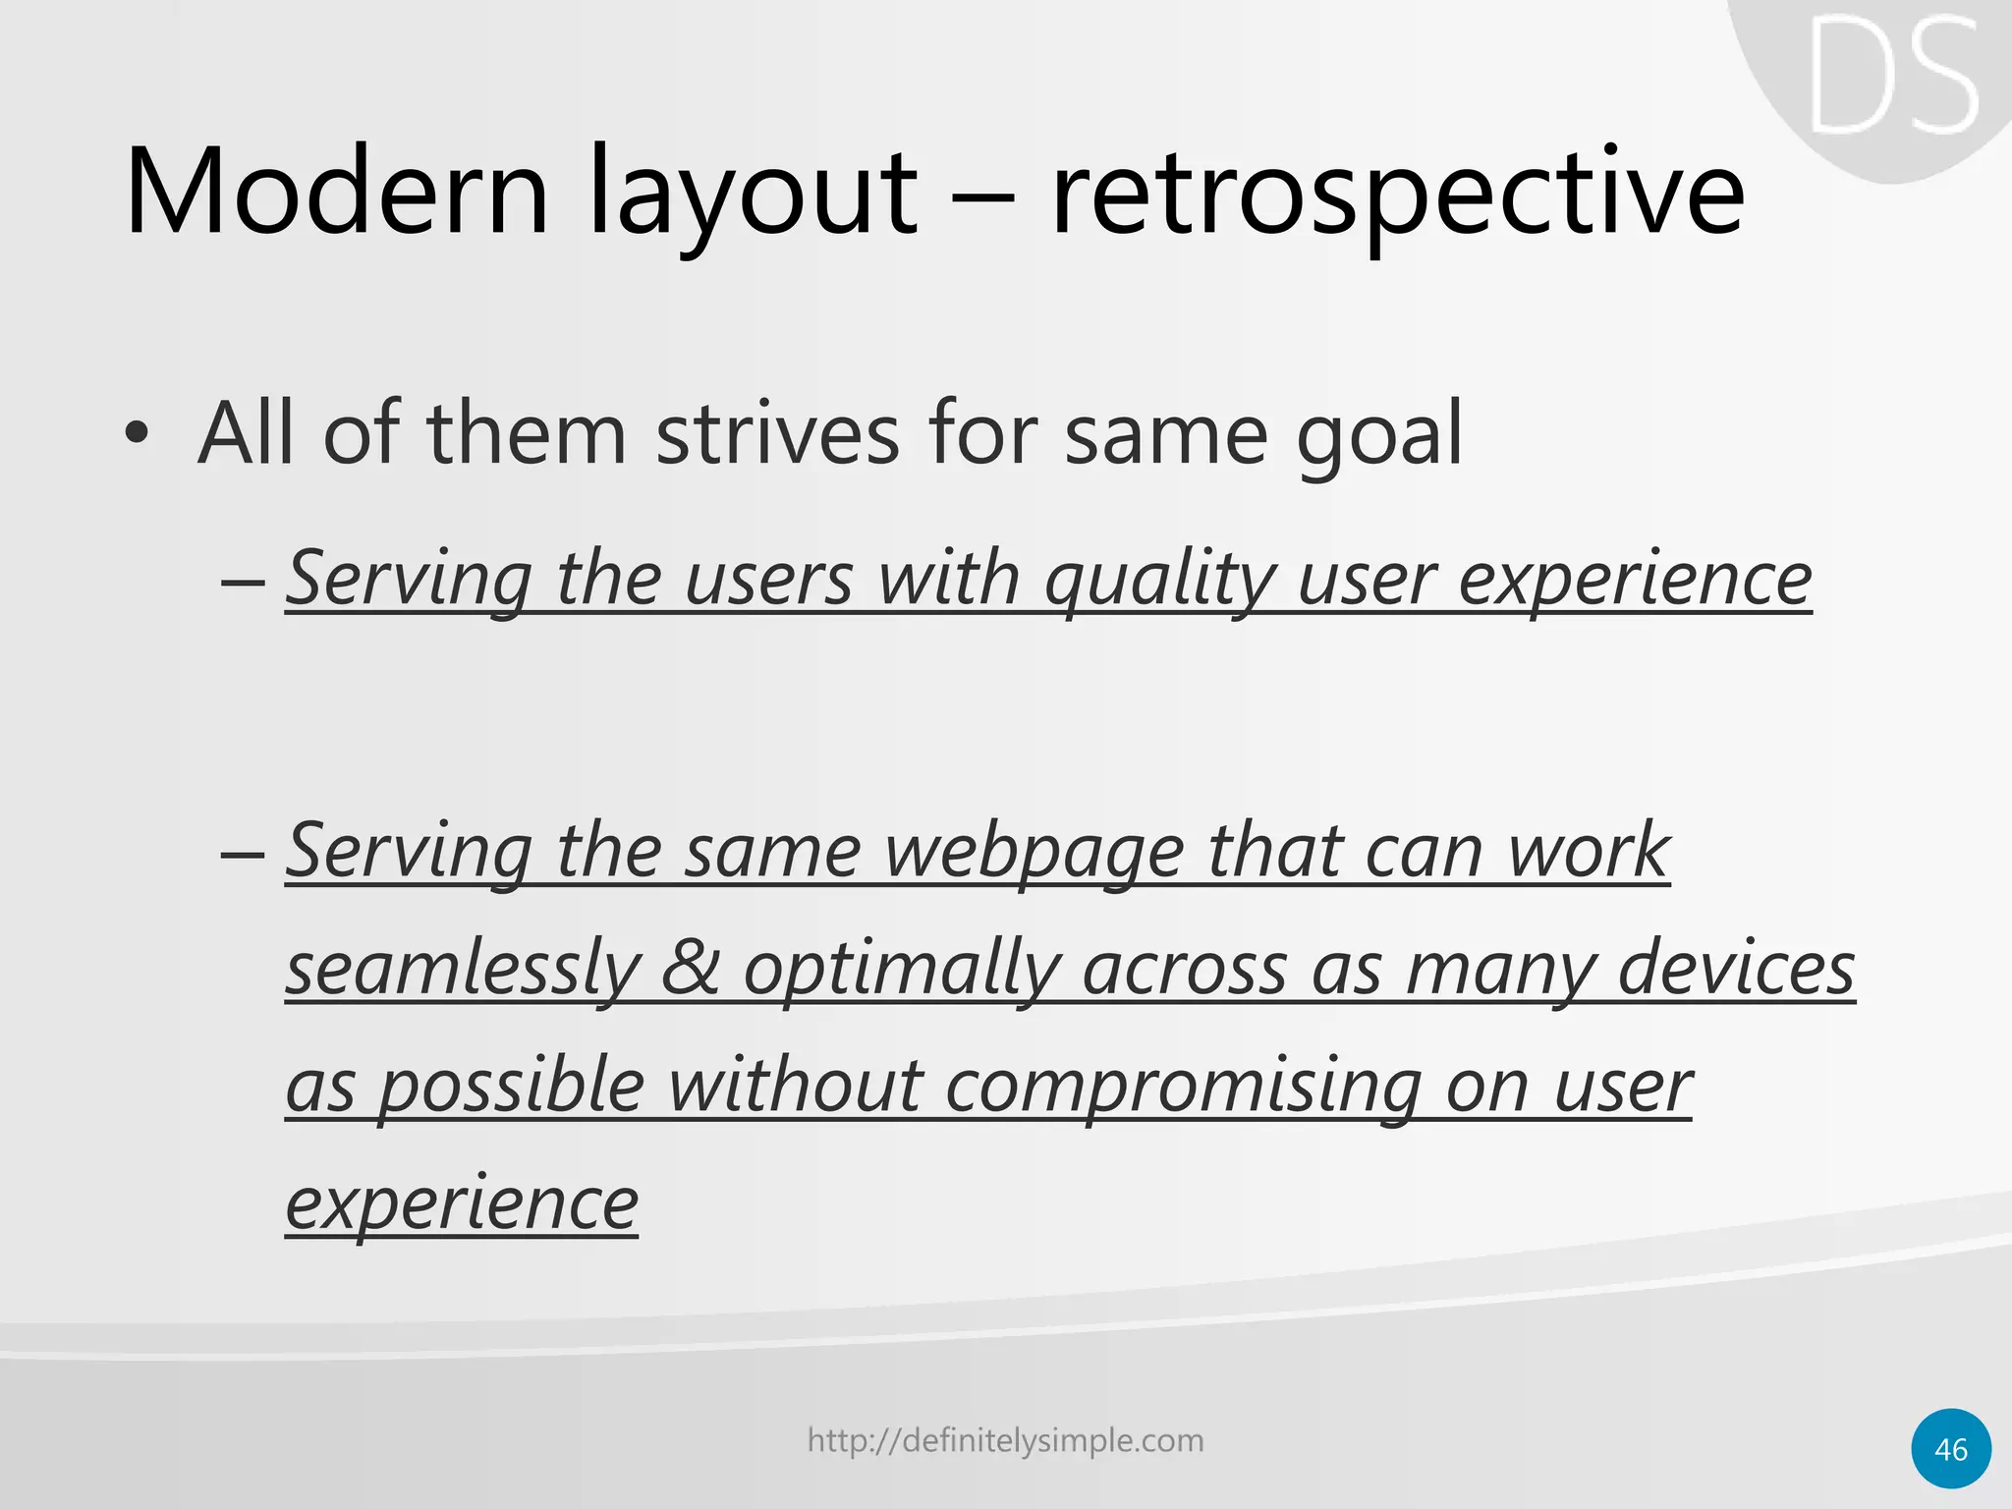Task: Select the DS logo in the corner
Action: point(1893,77)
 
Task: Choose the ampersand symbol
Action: point(690,968)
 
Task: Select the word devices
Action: point(1736,968)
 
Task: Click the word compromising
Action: point(1183,1088)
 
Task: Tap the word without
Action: point(795,1086)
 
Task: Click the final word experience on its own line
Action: point(462,1204)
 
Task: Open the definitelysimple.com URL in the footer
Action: point(1005,1440)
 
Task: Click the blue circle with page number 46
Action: point(1951,1449)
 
